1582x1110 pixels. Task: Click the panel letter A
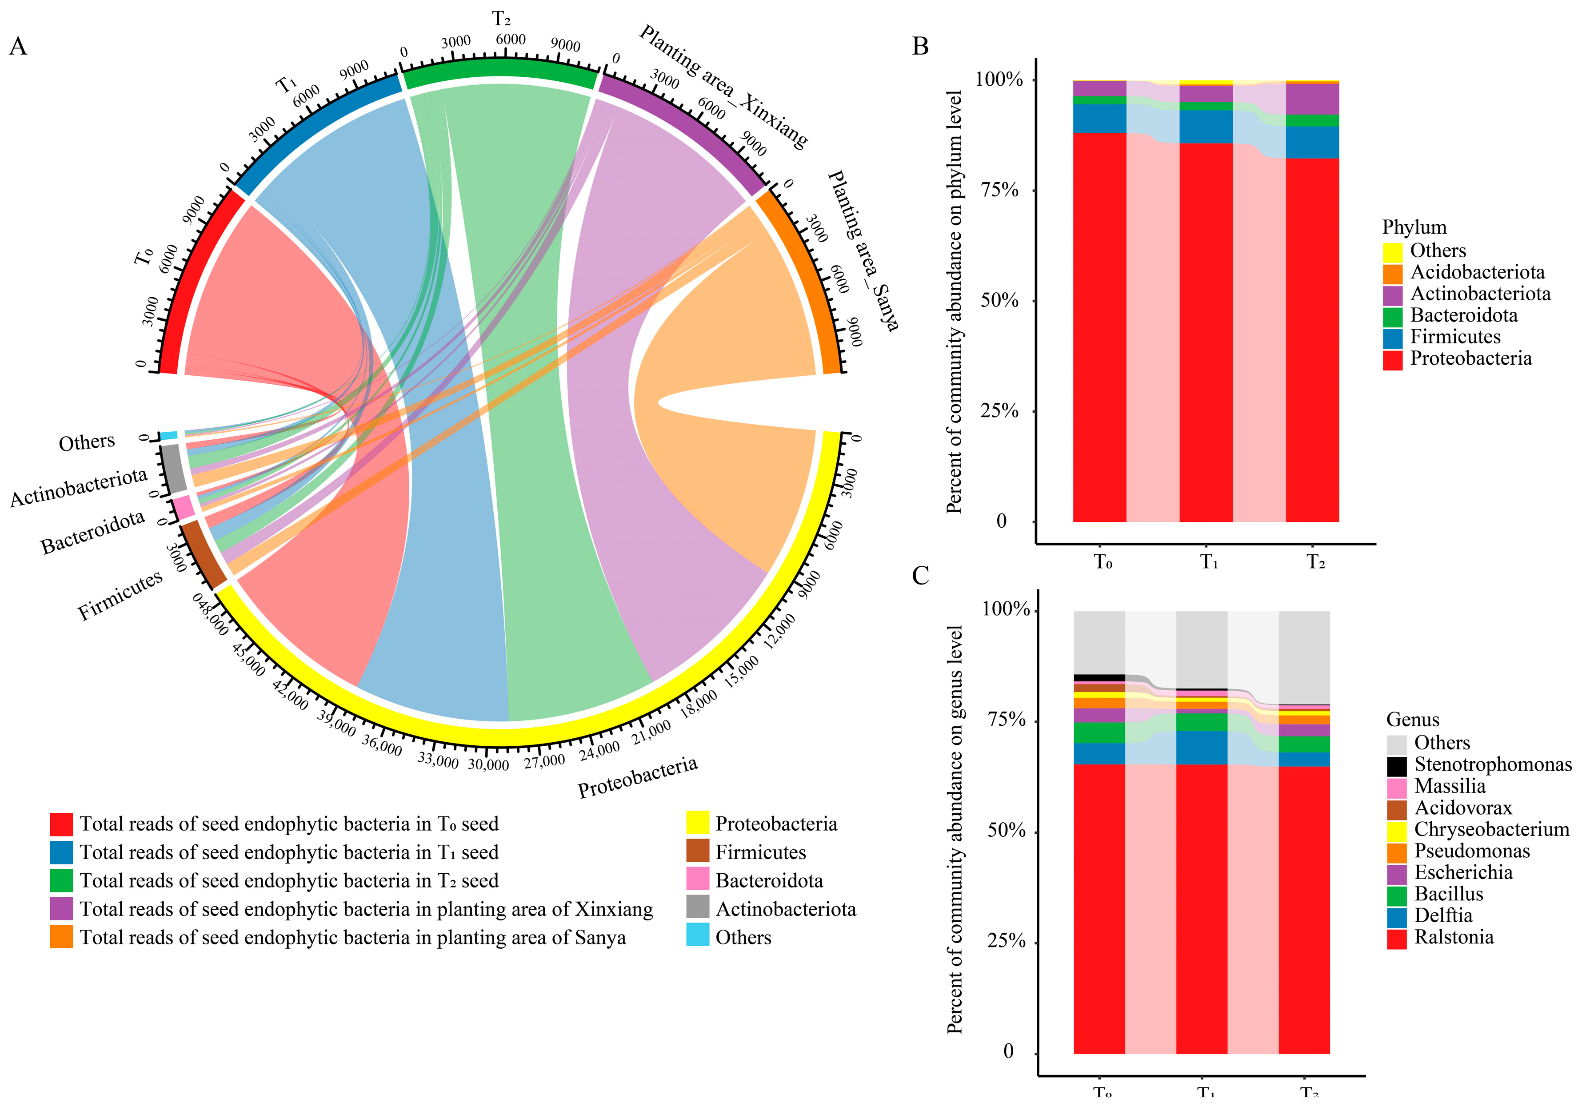pyautogui.click(x=18, y=47)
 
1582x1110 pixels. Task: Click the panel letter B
pyautogui.click(x=920, y=47)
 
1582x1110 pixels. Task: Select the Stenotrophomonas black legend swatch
pyautogui.click(x=1396, y=766)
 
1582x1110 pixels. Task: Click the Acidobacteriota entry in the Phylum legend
pyautogui.click(x=1477, y=273)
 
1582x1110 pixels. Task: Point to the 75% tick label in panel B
pyautogui.click(x=999, y=191)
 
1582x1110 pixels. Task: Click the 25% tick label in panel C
pyautogui.click(x=1006, y=941)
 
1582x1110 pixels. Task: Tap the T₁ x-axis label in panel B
pyautogui.click(x=1209, y=563)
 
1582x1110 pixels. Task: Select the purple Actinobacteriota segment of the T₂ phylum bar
pyautogui.click(x=1312, y=99)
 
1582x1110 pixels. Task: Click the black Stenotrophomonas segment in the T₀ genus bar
pyautogui.click(x=1099, y=677)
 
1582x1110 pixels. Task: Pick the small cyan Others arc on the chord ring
pyautogui.click(x=169, y=436)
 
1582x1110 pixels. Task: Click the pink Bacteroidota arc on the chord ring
pyautogui.click(x=183, y=508)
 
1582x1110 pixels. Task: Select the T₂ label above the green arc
pyautogui.click(x=501, y=19)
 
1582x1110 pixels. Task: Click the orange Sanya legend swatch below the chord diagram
pyautogui.click(x=61, y=937)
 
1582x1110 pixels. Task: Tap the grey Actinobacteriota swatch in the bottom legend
pyautogui.click(x=697, y=909)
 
